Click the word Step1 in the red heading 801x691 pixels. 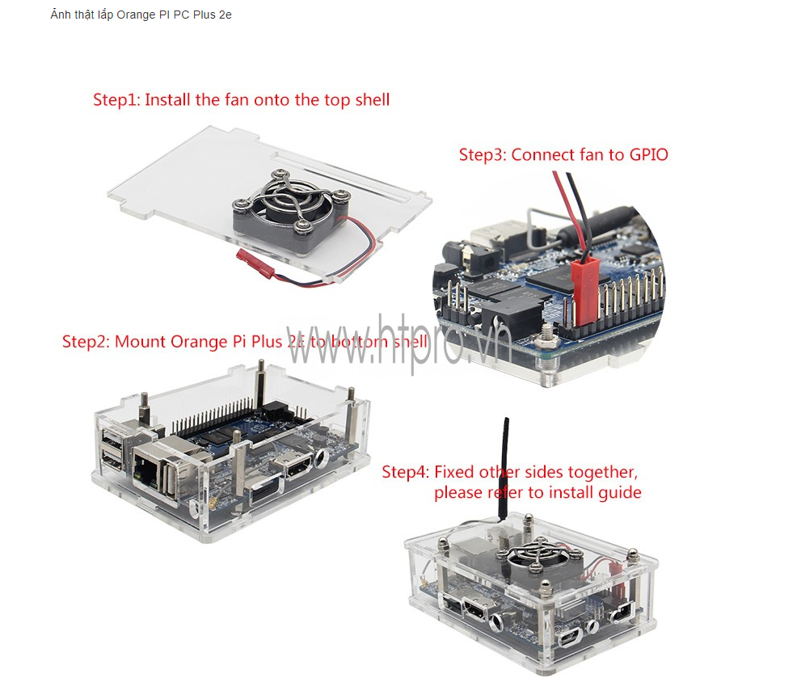[x=116, y=99]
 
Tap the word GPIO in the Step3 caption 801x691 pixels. [x=648, y=154]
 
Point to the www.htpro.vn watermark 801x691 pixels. [x=398, y=342]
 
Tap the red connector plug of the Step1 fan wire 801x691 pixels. [x=255, y=261]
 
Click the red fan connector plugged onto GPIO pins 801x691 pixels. [x=585, y=289]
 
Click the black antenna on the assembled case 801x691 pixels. [x=504, y=469]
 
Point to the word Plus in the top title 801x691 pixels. [x=204, y=15]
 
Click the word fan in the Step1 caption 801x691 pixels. [x=237, y=99]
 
